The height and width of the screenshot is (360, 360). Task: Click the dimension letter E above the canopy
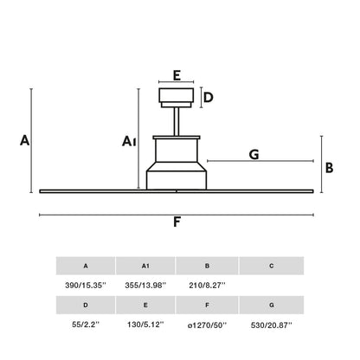[177, 75]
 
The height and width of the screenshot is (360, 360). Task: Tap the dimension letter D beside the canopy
[209, 98]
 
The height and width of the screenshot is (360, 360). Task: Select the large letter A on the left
[25, 140]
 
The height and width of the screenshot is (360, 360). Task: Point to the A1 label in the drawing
[129, 141]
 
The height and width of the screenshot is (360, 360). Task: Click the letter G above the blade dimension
[254, 155]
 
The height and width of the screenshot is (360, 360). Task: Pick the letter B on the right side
[329, 168]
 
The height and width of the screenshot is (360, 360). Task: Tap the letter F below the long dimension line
[177, 222]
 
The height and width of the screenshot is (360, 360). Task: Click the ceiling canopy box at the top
[177, 98]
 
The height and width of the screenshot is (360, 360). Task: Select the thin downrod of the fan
[177, 122]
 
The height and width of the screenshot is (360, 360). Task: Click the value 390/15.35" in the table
[86, 286]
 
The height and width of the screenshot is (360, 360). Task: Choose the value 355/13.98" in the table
[145, 286]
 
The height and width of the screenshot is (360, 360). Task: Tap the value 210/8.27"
[207, 286]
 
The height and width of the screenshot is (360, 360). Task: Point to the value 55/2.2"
[86, 325]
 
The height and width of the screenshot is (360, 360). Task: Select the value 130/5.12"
[145, 325]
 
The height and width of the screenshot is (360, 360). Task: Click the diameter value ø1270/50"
[207, 325]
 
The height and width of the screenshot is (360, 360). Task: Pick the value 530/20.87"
[272, 325]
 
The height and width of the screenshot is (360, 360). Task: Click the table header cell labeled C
[272, 266]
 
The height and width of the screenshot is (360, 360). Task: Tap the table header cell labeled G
[272, 305]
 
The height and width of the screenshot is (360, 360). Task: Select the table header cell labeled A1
[145, 266]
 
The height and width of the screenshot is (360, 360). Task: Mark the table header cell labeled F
[207, 305]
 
